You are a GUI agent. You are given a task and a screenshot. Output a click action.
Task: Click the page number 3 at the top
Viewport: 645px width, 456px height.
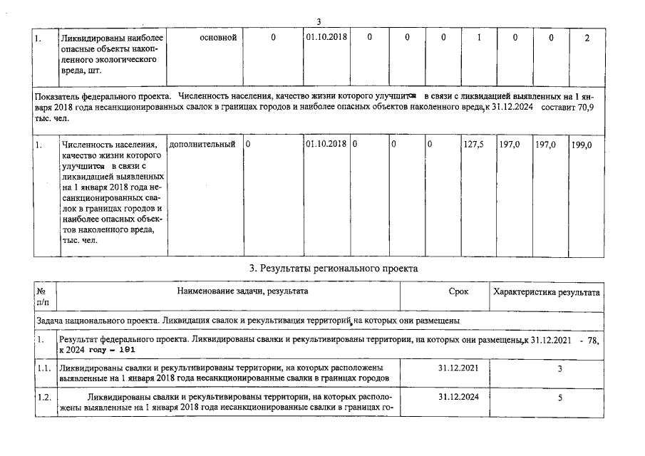[x=319, y=21]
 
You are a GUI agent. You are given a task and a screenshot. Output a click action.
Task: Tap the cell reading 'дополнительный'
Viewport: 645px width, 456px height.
[x=202, y=145]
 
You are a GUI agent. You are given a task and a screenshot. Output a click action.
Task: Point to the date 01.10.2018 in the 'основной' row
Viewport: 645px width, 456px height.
[x=326, y=38]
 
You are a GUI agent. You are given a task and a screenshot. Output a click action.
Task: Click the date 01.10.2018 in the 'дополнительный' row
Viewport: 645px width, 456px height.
[x=326, y=145]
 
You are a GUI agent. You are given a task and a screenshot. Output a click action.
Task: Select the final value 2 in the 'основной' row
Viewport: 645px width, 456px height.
[x=586, y=38]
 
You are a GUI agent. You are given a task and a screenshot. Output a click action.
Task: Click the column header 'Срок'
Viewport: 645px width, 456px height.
[x=458, y=292]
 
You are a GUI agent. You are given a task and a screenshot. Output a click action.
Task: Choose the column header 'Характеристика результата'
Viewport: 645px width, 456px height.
[x=546, y=292]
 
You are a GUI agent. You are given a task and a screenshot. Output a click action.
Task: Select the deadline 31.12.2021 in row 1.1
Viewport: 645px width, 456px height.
[x=458, y=368]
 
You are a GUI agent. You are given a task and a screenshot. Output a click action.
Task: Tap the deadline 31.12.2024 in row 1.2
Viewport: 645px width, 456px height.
[x=458, y=397]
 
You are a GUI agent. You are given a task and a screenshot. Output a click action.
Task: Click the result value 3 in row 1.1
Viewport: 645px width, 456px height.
[x=560, y=368]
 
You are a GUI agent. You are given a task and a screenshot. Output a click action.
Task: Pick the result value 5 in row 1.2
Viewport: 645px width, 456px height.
[x=560, y=398]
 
